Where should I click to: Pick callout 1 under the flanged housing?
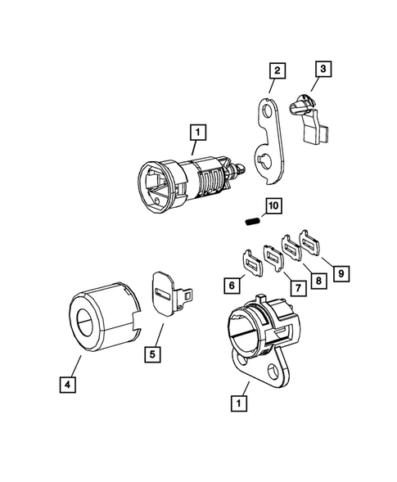point(239,403)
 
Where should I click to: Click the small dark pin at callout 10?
point(252,219)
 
